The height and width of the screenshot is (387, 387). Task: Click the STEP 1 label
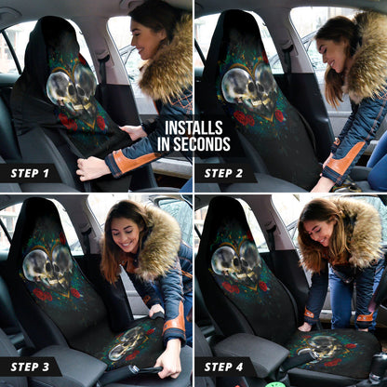(30, 173)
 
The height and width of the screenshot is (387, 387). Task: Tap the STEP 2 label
(224, 173)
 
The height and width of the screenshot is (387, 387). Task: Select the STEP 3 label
(30, 367)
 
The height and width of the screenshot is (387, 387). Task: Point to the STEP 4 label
(224, 367)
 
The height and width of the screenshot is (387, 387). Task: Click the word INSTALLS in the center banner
(193, 129)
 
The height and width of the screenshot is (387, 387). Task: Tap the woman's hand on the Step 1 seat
(89, 168)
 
